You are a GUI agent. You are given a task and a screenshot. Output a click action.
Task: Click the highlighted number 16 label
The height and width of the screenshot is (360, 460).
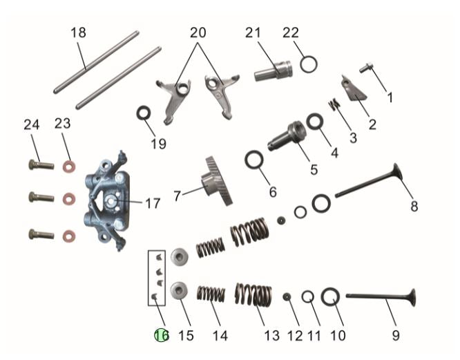click(x=161, y=335)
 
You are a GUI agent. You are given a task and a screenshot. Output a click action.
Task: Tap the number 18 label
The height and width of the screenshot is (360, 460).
click(x=78, y=32)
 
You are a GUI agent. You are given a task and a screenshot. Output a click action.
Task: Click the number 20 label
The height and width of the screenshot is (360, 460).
click(x=198, y=32)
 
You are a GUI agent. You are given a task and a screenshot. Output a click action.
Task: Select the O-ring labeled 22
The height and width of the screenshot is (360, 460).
click(x=309, y=65)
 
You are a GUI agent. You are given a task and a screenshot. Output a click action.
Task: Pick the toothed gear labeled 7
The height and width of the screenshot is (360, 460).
click(x=215, y=181)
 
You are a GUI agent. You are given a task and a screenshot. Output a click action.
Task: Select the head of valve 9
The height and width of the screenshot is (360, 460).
click(x=409, y=299)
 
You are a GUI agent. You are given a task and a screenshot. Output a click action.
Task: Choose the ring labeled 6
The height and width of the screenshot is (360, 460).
click(x=255, y=162)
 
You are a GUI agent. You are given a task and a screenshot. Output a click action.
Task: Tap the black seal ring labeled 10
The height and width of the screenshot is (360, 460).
click(x=329, y=298)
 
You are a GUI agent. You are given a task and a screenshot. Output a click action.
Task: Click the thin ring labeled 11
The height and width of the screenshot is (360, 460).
click(x=309, y=296)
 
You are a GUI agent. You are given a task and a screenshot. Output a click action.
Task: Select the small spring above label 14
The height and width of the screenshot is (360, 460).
click(x=211, y=294)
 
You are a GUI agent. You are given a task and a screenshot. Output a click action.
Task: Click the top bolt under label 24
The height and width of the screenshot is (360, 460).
click(x=41, y=165)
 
